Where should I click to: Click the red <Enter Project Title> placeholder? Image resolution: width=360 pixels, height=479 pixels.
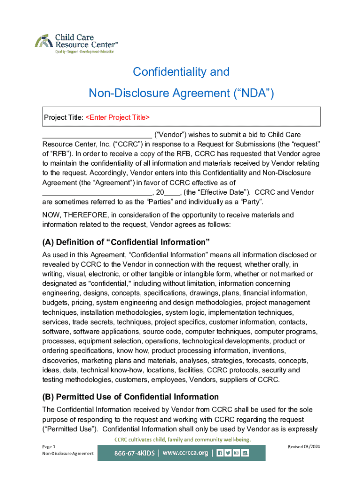(x=118, y=117)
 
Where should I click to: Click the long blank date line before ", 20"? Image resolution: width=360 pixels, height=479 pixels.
(x=97, y=192)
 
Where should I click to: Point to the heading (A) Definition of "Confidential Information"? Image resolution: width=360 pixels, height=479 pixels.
(x=126, y=242)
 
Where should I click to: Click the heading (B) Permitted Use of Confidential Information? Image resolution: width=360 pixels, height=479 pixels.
(x=130, y=397)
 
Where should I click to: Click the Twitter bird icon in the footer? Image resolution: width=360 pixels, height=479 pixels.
(x=229, y=453)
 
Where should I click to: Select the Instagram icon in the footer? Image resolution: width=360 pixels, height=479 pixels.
(x=237, y=453)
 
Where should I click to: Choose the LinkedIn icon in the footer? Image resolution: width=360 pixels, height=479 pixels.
(x=245, y=453)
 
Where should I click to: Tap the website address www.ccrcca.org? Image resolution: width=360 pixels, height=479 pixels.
(x=186, y=453)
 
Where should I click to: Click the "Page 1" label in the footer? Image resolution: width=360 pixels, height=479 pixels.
(x=49, y=447)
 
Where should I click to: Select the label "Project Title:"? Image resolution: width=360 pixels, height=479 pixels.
(x=64, y=117)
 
